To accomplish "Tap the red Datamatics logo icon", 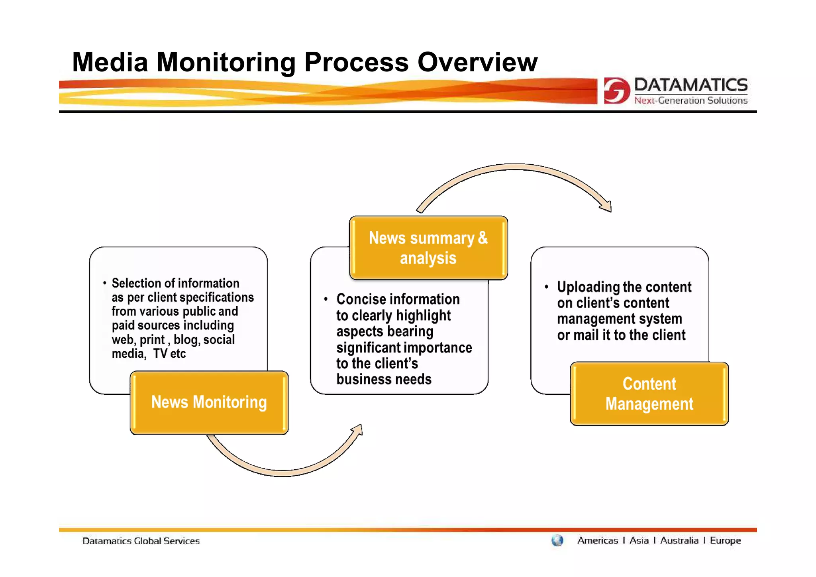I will tap(617, 91).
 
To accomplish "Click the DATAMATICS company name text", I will tap(690, 85).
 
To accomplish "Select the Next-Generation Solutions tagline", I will tap(690, 100).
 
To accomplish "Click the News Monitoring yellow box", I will tap(209, 402).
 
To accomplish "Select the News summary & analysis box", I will tap(428, 248).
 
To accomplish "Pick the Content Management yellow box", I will tap(649, 394).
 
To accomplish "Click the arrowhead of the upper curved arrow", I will tap(606, 206).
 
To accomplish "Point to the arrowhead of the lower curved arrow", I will tap(357, 430).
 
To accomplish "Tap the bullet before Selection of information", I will tap(104, 283).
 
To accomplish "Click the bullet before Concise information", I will tap(326, 299).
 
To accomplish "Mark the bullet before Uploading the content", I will tap(547, 287).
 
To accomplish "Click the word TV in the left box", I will tap(160, 354).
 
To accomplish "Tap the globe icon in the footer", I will tap(557, 541).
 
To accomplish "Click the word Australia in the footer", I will tap(679, 541).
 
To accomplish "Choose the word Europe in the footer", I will tap(725, 541).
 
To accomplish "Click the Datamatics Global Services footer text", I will tap(141, 541).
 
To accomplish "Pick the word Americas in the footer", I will tap(597, 541).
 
